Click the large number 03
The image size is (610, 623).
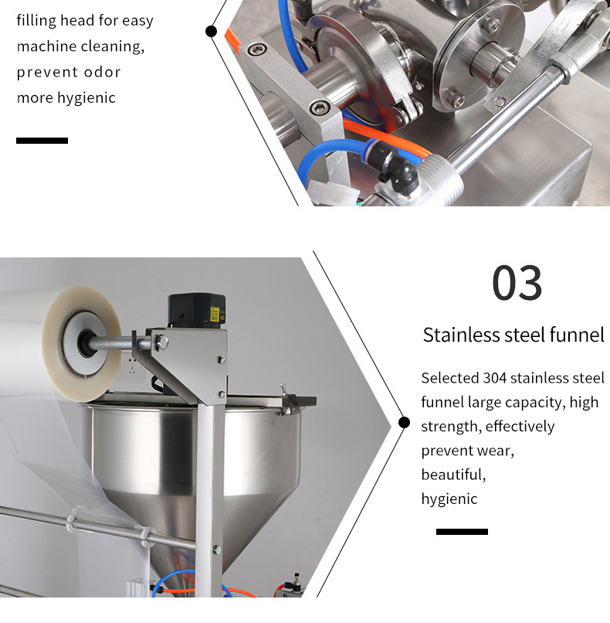pyautogui.click(x=517, y=283)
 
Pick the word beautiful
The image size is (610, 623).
pyautogui.click(x=453, y=475)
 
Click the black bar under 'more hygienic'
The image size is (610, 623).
pyautogui.click(x=42, y=140)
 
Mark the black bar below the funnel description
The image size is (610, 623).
pyautogui.click(x=462, y=532)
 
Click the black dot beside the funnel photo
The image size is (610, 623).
pyautogui.click(x=404, y=422)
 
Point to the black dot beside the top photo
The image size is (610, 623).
pyautogui.click(x=211, y=31)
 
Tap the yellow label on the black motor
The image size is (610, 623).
pyautogui.click(x=215, y=314)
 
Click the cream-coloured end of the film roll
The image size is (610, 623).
pyautogui.click(x=81, y=344)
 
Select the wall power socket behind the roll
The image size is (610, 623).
pyautogui.click(x=132, y=367)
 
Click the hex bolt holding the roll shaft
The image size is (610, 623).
pyautogui.click(x=161, y=343)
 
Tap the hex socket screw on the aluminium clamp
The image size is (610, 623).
pyautogui.click(x=319, y=107)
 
